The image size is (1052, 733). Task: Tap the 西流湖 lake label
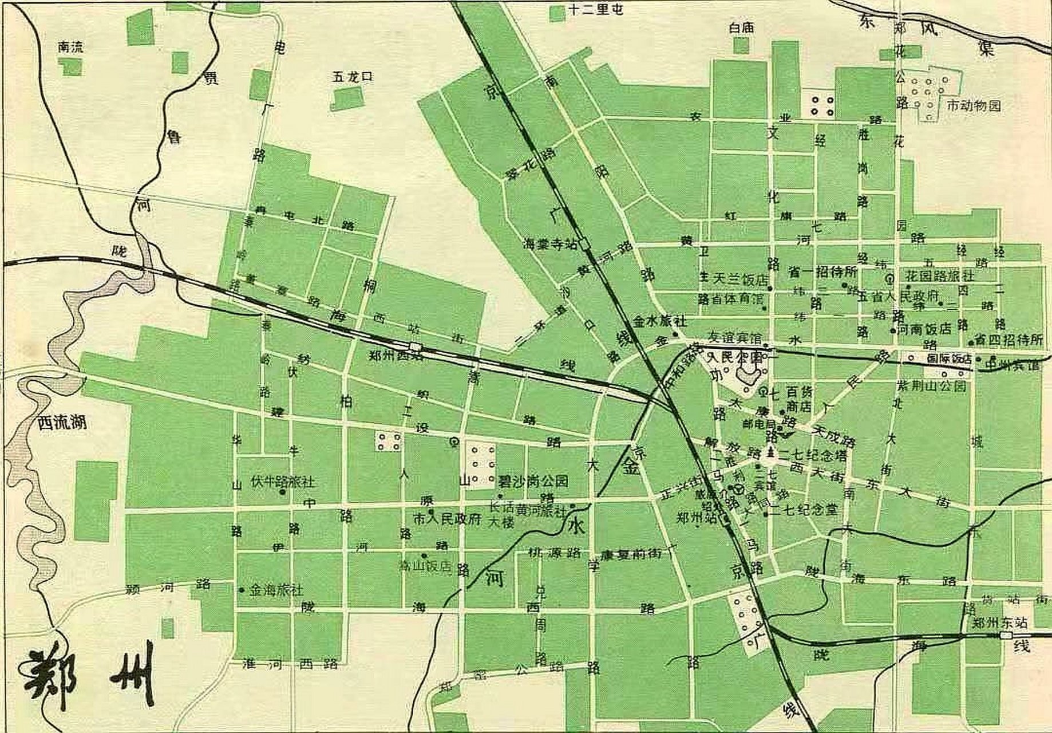pos(61,423)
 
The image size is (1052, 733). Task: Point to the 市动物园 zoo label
pos(974,106)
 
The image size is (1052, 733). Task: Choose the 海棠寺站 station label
pos(550,244)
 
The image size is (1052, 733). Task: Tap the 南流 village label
pos(70,48)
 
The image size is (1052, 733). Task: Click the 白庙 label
pos(742,27)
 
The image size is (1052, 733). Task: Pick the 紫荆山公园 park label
pos(931,386)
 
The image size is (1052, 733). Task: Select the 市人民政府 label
pos(448,519)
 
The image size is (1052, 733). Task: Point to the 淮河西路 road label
pos(290,664)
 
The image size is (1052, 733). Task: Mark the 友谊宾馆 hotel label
pos(735,339)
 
